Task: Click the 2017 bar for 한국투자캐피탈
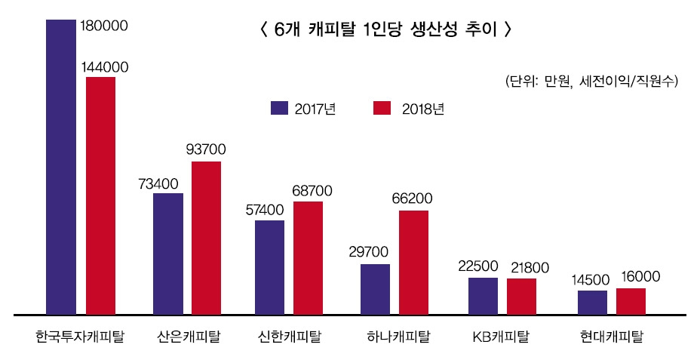61,166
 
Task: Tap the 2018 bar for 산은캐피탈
206,237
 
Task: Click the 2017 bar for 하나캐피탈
375,288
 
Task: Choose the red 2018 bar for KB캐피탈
521,296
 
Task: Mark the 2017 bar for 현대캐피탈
592,302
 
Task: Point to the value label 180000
103,26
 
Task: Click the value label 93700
205,149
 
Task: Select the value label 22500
478,266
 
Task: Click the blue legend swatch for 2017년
279,108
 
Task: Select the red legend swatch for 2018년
382,108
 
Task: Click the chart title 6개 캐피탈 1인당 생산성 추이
385,30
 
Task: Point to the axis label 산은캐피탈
189,337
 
